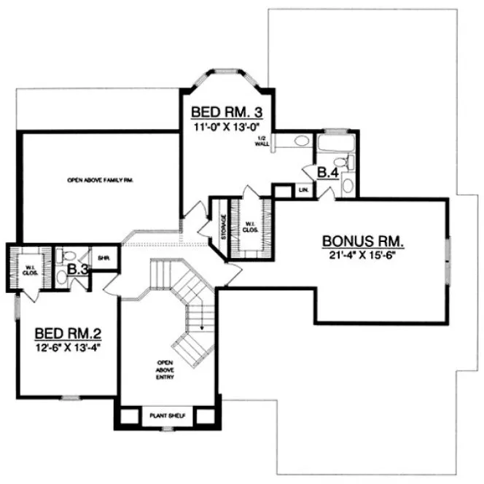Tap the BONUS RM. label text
pos(363,242)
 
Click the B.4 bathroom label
pos(326,172)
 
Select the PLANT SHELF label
pos(168,415)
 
